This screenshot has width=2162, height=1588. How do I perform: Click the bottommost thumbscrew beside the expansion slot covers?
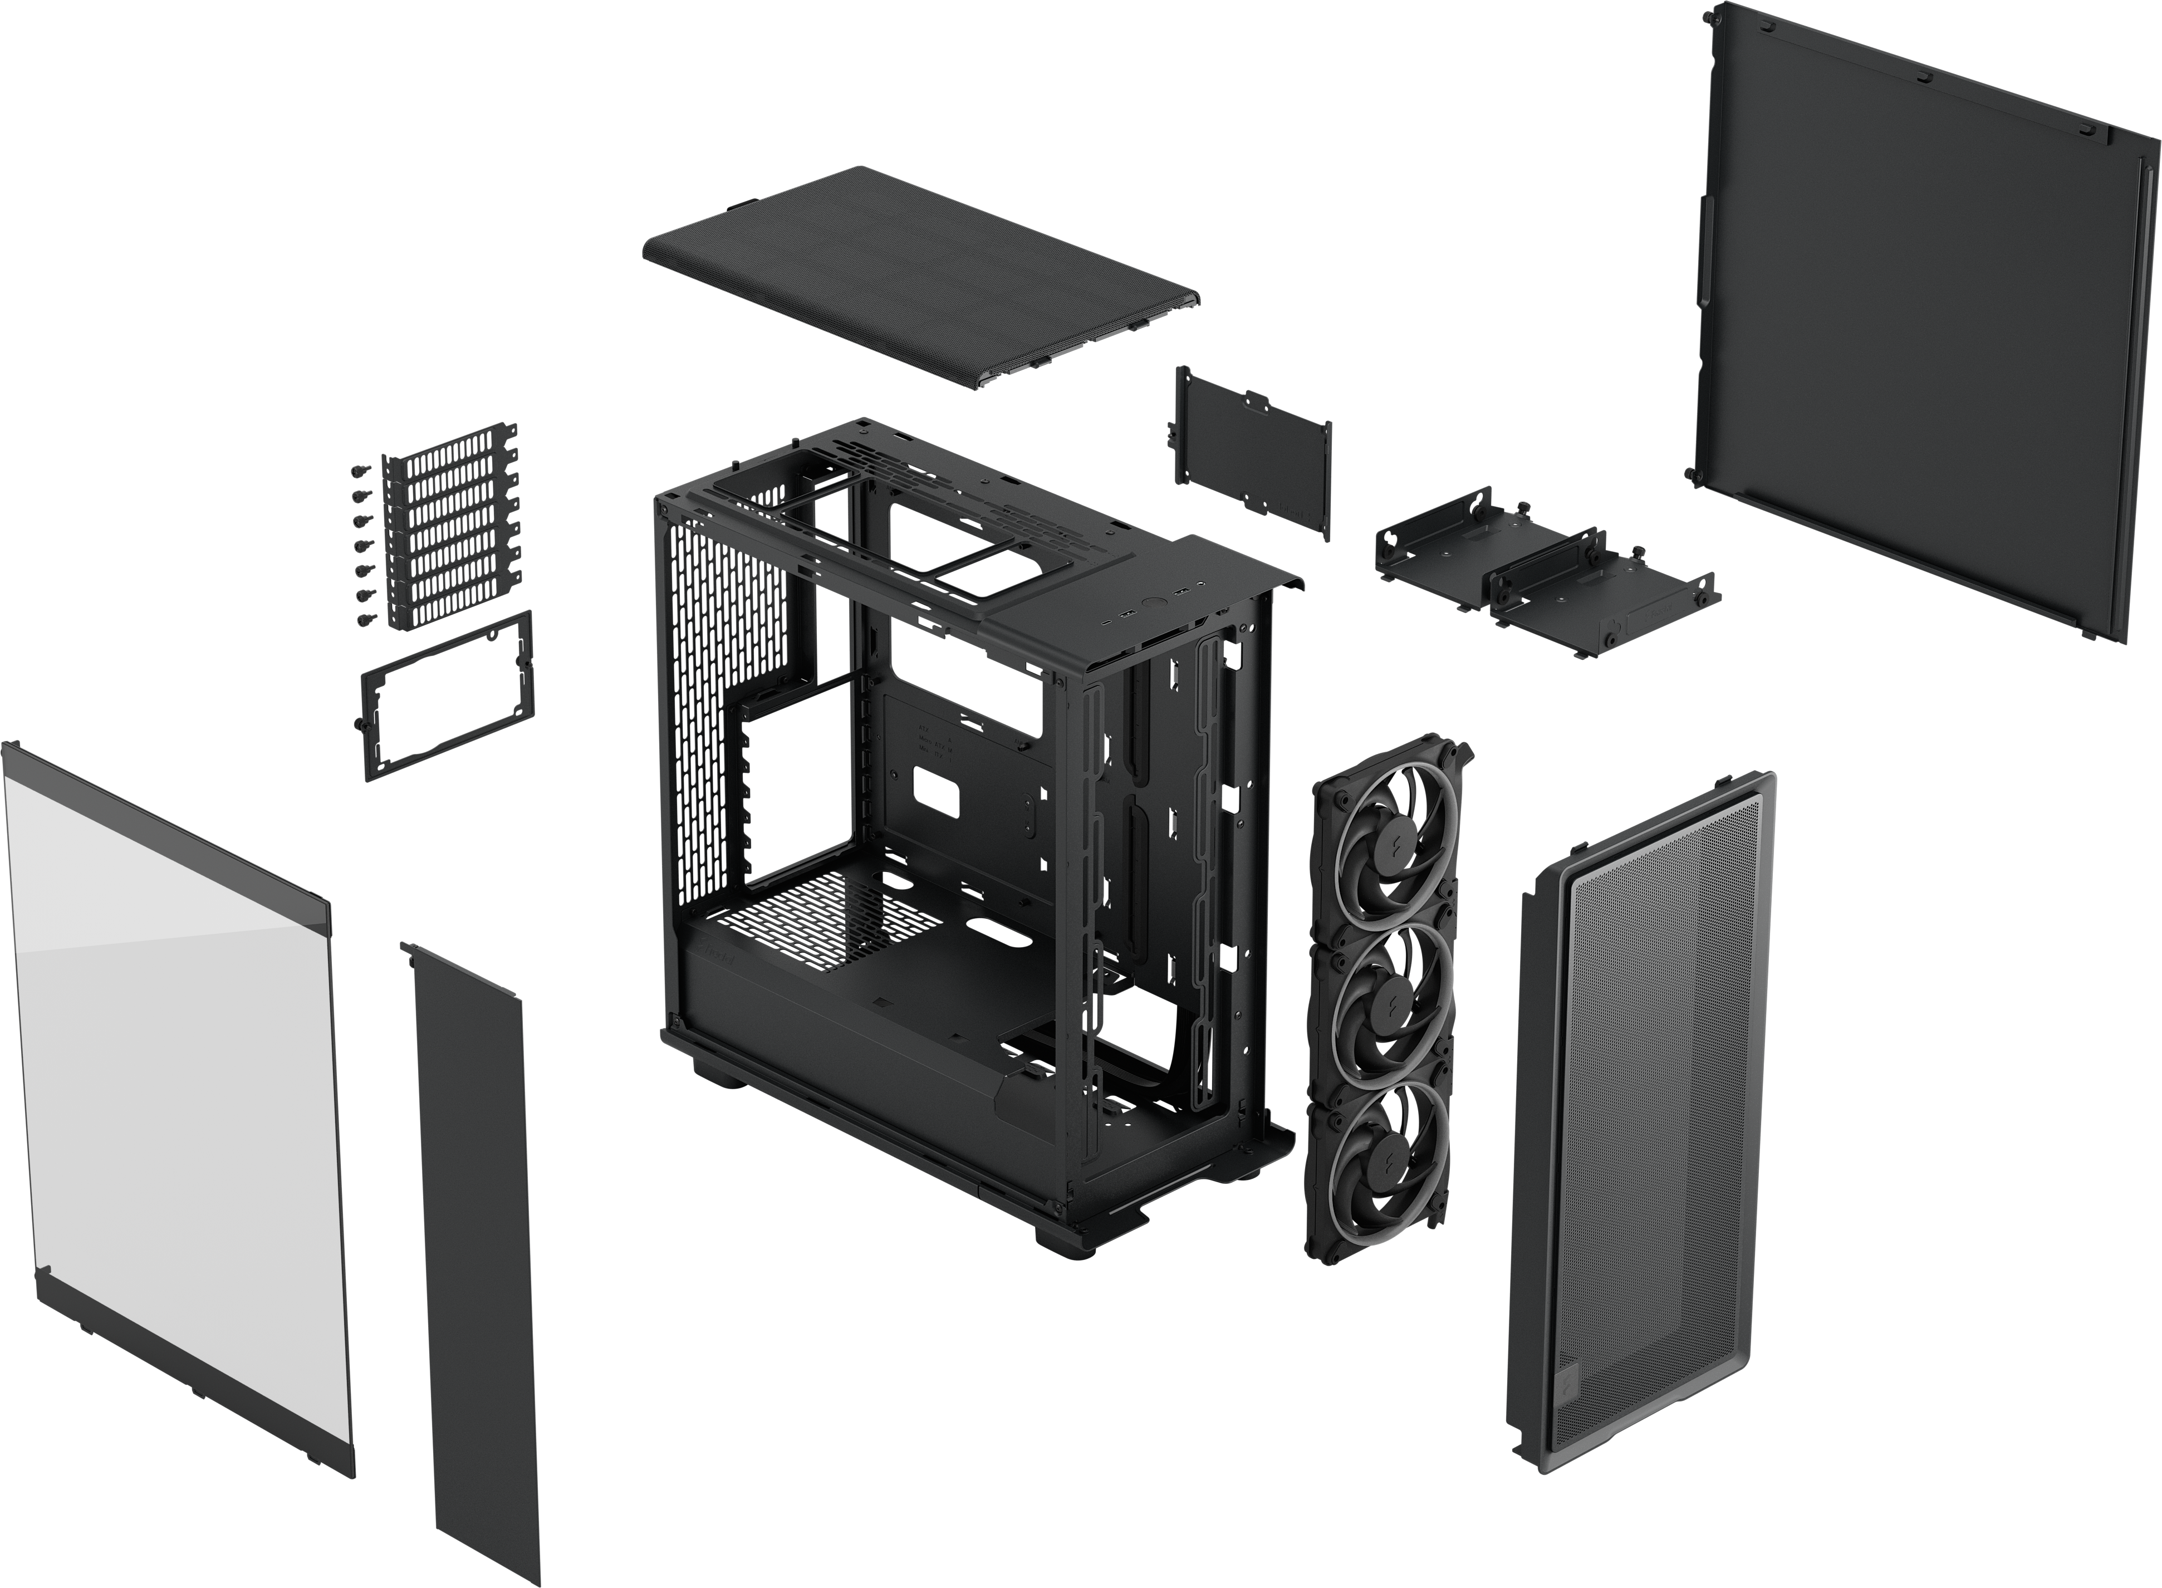pyautogui.click(x=364, y=621)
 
